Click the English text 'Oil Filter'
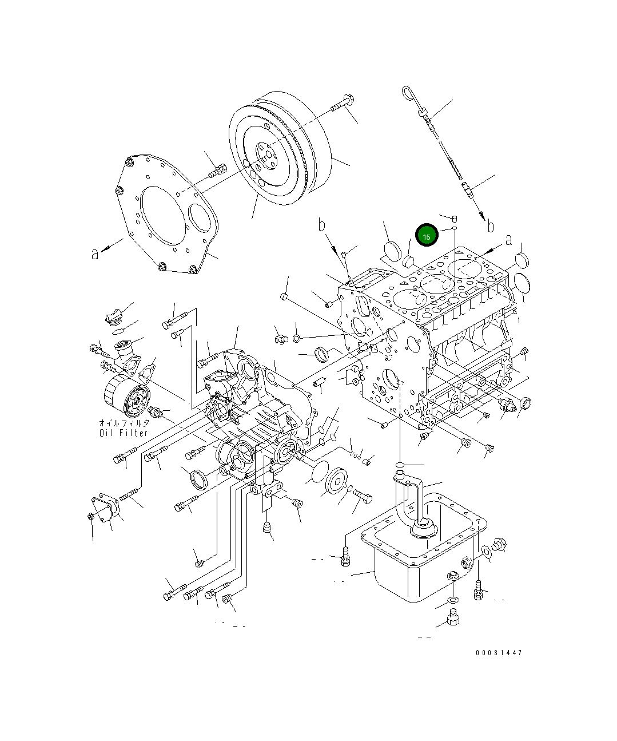click(124, 433)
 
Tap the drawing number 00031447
click(498, 653)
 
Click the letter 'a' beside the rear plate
click(95, 253)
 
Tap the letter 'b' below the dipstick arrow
click(490, 227)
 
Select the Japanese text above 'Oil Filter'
click(124, 423)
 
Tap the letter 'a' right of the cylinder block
click(508, 241)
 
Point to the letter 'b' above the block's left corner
click(322, 224)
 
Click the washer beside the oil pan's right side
click(486, 552)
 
